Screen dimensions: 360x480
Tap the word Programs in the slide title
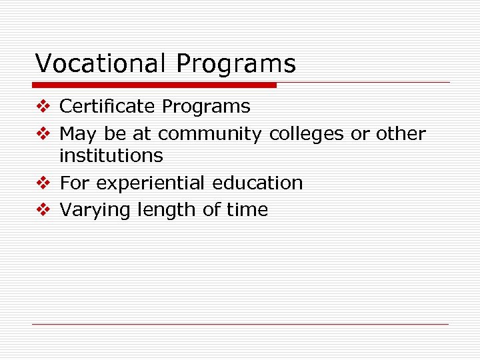tap(236, 65)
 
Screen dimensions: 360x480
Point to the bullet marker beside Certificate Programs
tap(44, 107)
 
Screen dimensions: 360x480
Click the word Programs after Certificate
tap(206, 107)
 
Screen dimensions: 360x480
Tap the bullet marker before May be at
tap(44, 134)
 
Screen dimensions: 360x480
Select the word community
tap(210, 134)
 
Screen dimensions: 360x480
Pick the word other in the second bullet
tap(400, 134)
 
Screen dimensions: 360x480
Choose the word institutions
tap(111, 156)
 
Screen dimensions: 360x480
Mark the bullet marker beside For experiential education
tap(44, 183)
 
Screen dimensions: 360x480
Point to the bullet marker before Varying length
tap(44, 210)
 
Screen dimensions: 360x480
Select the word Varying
tap(95, 211)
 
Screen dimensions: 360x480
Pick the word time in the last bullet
tap(247, 210)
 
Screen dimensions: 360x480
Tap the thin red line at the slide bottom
tap(240, 325)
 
